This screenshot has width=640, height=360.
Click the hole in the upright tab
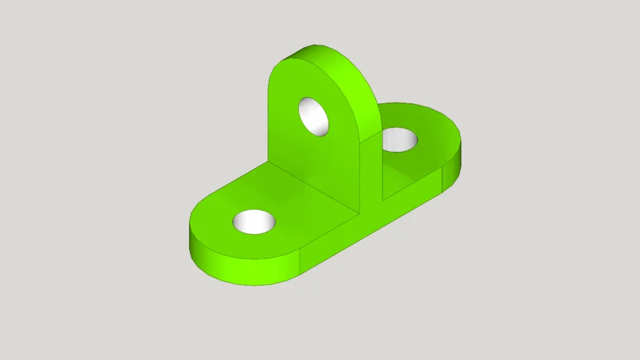coord(314,116)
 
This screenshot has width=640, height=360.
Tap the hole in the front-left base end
coord(254,221)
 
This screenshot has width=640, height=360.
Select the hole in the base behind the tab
coord(399,139)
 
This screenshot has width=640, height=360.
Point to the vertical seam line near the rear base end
coord(442,181)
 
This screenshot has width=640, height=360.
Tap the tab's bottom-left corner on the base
coord(269,162)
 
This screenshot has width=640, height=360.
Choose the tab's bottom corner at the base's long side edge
coord(360,210)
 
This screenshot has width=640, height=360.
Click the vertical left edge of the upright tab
coord(269,120)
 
